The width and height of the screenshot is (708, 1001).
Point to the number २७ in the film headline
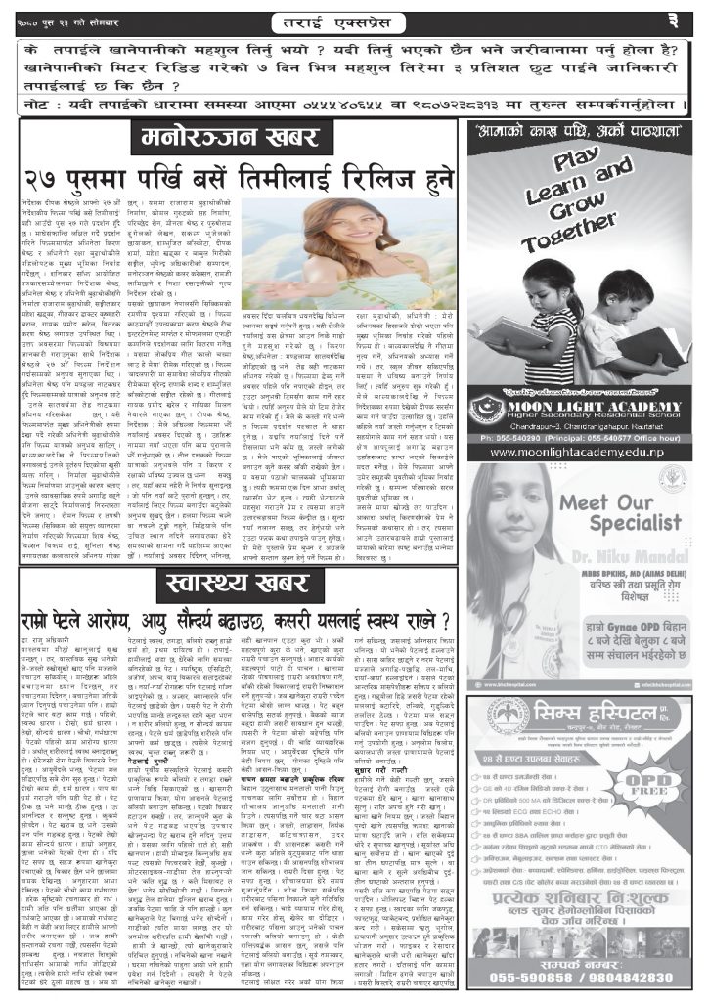47,182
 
